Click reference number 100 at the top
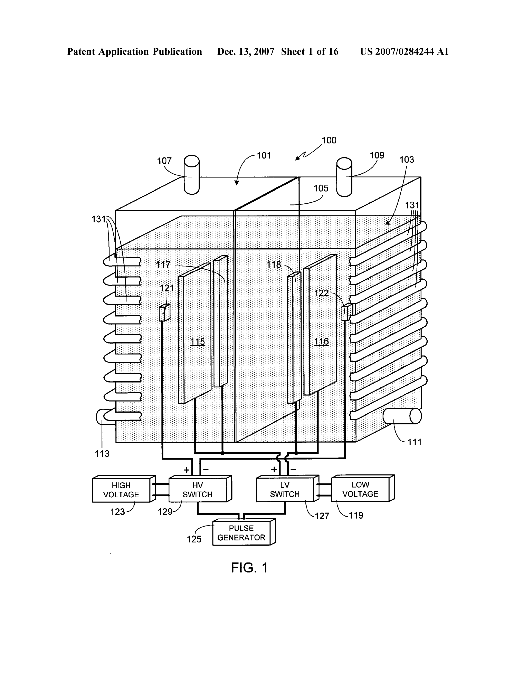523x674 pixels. point(329,141)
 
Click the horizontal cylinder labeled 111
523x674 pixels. point(402,416)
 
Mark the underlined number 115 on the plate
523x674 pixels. point(198,342)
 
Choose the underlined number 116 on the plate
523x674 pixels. point(321,342)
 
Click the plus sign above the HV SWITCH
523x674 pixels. point(187,470)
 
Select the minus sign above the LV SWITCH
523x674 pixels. point(293,469)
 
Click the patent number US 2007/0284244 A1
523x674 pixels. point(404,51)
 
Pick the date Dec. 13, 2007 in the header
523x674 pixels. point(246,51)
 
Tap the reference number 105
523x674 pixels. point(321,188)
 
